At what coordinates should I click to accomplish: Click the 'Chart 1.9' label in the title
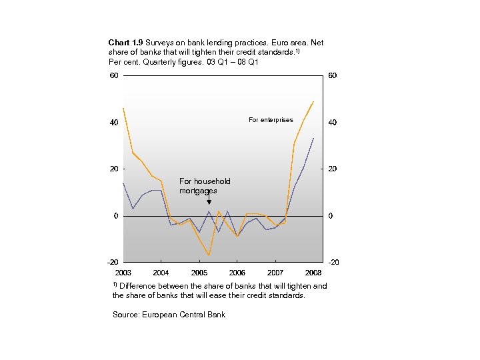[125, 40]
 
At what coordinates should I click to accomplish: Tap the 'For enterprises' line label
[271, 120]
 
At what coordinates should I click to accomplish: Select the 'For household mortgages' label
[205, 186]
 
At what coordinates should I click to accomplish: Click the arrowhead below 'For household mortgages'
[209, 201]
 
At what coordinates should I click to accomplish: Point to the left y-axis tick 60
[114, 75]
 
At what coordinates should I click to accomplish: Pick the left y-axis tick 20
[114, 169]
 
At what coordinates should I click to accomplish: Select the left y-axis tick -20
[113, 262]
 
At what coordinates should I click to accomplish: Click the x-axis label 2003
[123, 273]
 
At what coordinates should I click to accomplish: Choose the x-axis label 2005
[199, 273]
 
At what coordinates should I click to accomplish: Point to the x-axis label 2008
[313, 273]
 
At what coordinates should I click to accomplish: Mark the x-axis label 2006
[237, 273]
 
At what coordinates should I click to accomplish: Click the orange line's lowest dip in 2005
[209, 255]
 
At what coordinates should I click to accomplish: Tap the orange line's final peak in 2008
[313, 101]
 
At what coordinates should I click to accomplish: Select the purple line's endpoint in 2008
[313, 138]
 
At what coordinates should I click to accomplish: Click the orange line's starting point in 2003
[123, 108]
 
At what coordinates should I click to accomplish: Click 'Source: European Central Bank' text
[169, 315]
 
